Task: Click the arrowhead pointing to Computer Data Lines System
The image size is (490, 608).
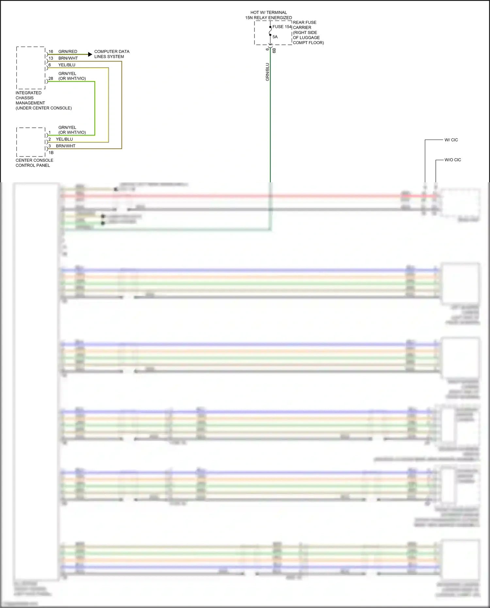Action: point(90,55)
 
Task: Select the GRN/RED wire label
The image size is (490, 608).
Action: point(68,52)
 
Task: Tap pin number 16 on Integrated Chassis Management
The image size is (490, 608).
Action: point(51,52)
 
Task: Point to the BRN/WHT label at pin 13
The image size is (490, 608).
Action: point(68,58)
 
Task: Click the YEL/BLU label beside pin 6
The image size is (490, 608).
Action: point(67,65)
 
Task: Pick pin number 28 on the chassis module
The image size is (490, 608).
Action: point(51,79)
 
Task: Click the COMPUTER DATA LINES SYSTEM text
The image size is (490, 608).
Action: point(111,54)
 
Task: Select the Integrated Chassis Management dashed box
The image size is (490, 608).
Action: point(31,68)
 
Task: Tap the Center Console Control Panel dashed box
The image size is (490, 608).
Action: point(31,142)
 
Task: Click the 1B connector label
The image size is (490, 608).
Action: point(51,153)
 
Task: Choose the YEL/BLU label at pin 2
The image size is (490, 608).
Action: point(64,139)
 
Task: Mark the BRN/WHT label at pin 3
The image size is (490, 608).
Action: point(65,146)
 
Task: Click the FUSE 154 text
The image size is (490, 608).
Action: point(282,27)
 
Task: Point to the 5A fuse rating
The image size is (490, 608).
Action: point(275,37)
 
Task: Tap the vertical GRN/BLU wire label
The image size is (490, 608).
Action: point(268,72)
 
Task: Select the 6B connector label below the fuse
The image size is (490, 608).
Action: point(274,50)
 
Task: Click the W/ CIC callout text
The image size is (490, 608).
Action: point(451,140)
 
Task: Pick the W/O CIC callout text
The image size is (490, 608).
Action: point(453,160)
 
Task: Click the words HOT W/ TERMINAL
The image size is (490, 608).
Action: point(269,12)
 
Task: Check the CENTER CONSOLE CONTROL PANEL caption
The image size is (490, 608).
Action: point(34,163)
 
